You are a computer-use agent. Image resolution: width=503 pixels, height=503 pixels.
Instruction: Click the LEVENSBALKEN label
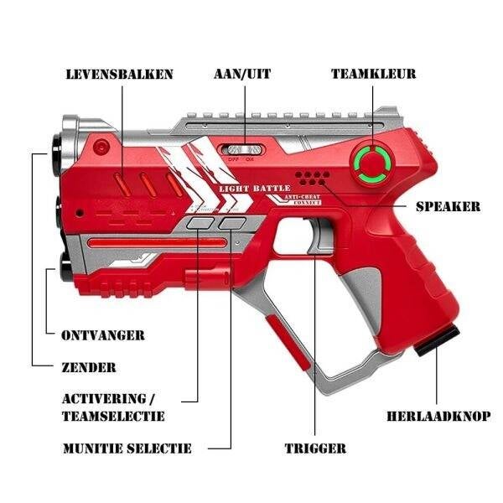(x=119, y=74)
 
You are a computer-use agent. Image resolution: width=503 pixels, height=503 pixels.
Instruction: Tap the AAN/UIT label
(x=242, y=74)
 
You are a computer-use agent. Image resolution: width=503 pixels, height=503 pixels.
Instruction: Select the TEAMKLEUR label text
(x=373, y=74)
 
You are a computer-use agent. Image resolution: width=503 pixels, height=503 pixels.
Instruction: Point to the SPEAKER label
(x=449, y=206)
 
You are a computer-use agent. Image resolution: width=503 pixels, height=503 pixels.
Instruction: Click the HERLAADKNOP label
(x=438, y=416)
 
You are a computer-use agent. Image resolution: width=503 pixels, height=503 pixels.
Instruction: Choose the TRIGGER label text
(x=315, y=449)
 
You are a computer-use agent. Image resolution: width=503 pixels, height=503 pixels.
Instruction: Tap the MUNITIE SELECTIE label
(x=127, y=449)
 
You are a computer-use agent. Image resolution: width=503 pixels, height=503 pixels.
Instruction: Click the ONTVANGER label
(x=103, y=335)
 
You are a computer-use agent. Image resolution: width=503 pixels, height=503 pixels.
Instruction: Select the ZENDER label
(x=89, y=368)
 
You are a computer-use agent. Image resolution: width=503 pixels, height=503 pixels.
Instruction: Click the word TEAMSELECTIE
(x=113, y=416)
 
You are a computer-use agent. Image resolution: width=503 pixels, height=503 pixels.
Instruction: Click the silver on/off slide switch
(x=243, y=149)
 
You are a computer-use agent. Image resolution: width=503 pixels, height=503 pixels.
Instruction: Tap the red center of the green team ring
(x=371, y=163)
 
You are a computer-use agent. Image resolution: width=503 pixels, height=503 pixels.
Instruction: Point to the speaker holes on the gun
(x=312, y=179)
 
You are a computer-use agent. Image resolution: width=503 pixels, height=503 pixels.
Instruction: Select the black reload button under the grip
(x=437, y=340)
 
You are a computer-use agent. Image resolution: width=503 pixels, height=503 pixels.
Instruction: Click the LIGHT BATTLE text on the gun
(x=255, y=189)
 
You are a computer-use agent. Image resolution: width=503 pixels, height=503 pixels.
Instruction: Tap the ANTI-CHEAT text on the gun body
(x=302, y=197)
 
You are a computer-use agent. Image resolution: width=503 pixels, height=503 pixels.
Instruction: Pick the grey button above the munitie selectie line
(x=232, y=223)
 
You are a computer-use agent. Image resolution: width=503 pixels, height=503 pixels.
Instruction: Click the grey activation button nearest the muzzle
(x=200, y=223)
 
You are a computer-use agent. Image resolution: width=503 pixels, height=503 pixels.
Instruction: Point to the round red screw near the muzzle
(x=101, y=147)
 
